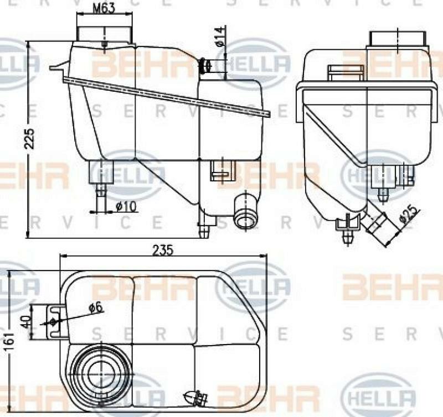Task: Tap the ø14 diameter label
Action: click(x=220, y=36)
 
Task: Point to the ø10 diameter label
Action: click(x=126, y=206)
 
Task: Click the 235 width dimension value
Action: click(x=164, y=250)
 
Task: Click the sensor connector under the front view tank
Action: click(x=221, y=171)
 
